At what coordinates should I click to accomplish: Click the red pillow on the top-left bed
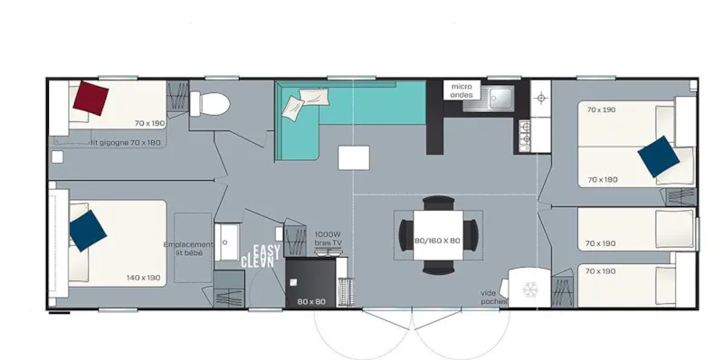point(91,97)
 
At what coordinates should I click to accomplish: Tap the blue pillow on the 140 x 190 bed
point(87,230)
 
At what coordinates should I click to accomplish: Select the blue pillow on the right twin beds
point(658,156)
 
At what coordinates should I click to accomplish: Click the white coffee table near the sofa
point(353,157)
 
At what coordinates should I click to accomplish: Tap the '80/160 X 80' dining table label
point(438,241)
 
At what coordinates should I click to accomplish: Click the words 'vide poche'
point(493,297)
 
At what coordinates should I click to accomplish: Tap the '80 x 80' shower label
point(310,301)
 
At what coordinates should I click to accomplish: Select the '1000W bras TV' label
point(328,238)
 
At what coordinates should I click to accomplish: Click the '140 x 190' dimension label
point(145,278)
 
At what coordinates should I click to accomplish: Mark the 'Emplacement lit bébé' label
point(190,248)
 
